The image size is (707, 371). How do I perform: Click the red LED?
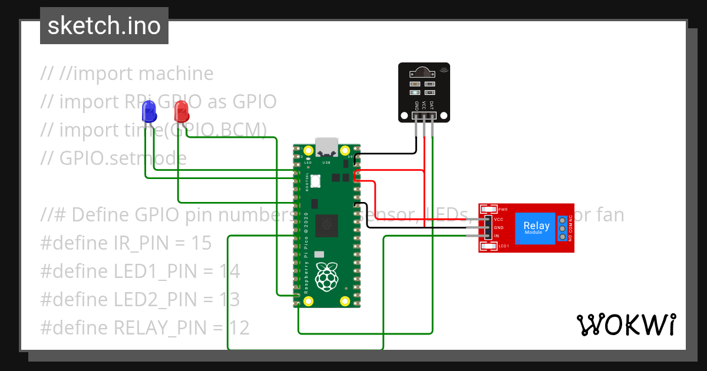point(181,111)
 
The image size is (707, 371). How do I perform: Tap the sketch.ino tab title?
point(104,26)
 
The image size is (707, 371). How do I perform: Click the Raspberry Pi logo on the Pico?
point(327,277)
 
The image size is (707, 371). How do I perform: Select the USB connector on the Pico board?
point(326,145)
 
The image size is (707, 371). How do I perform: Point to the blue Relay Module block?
point(536,227)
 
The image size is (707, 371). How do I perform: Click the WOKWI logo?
point(626,324)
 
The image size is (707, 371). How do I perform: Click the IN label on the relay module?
point(497,236)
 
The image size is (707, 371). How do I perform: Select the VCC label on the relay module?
point(498,219)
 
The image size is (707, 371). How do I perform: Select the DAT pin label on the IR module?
point(432,105)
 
